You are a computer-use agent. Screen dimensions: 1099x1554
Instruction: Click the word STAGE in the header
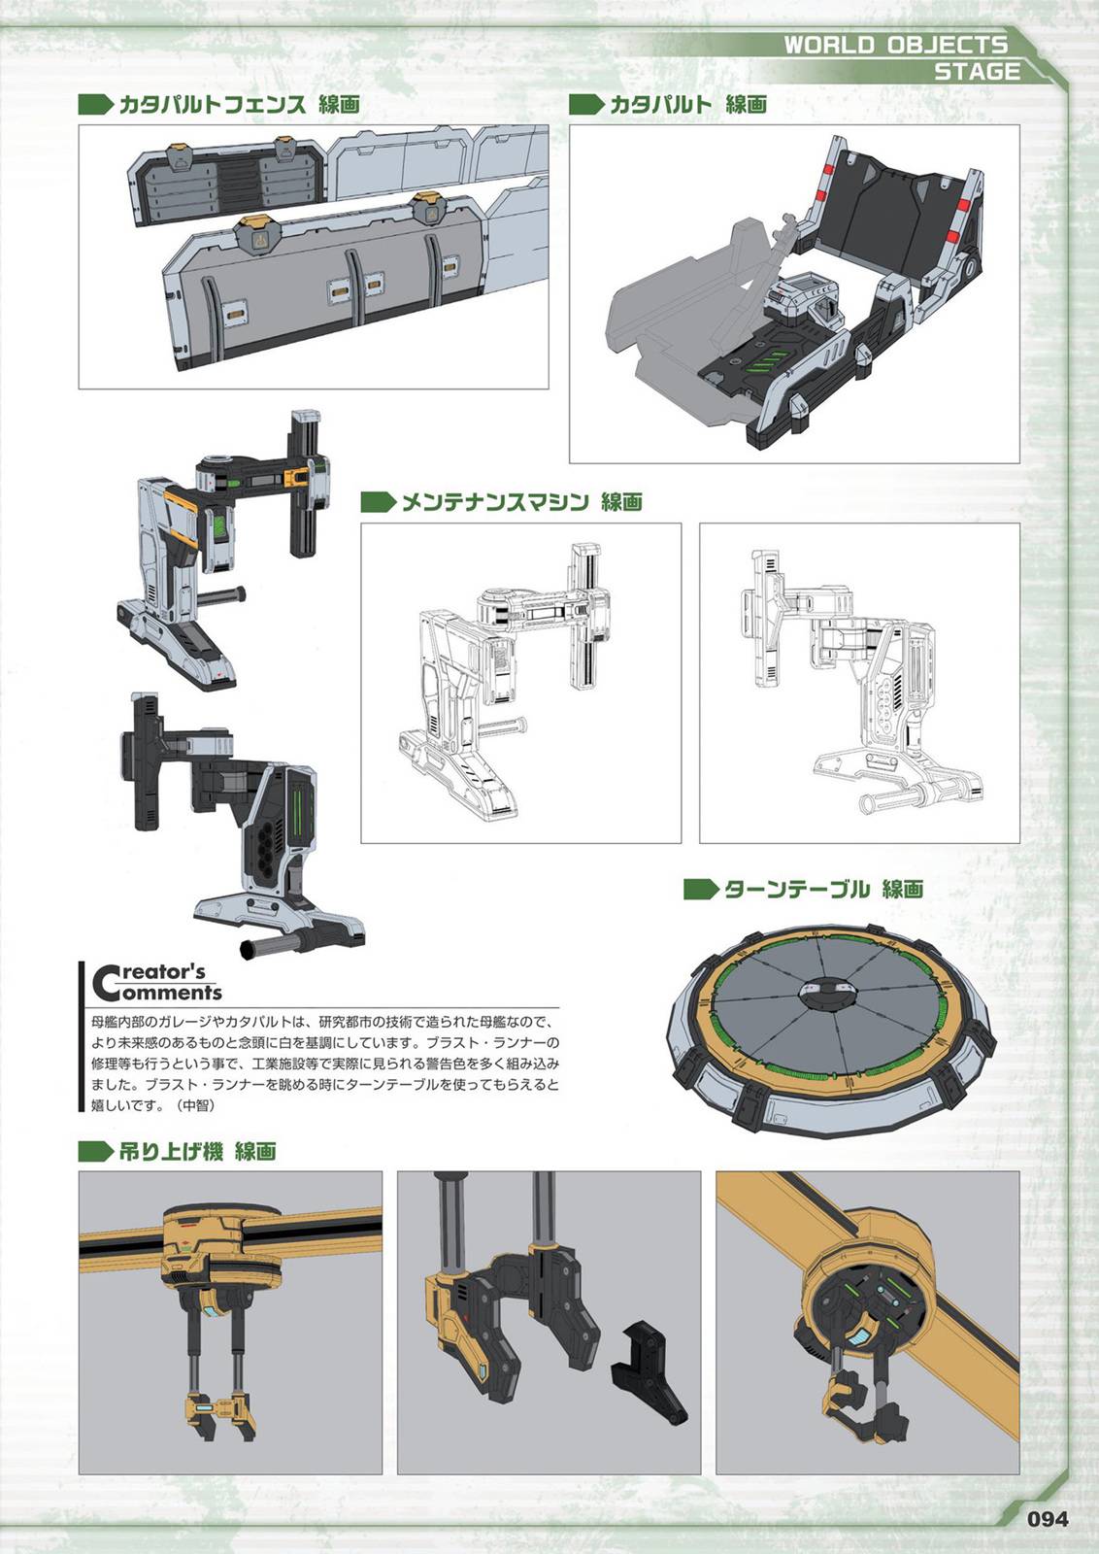(977, 72)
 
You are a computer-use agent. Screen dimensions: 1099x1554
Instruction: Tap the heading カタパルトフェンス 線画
(239, 105)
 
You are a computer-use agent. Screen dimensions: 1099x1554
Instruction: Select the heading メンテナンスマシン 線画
(521, 502)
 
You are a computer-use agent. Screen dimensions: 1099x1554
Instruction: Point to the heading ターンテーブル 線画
(823, 890)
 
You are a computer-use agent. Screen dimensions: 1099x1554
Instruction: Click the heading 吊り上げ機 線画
(198, 1152)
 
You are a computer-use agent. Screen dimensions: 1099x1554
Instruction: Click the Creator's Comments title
(156, 982)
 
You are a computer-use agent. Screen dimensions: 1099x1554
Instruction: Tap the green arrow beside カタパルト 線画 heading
(585, 105)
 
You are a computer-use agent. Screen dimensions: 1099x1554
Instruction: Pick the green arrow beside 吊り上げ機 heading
(96, 1152)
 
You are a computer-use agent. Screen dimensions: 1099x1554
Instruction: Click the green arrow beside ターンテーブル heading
(701, 890)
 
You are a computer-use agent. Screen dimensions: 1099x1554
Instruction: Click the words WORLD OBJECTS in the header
(895, 45)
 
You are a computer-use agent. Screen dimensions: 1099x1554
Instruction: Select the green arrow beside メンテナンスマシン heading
(378, 502)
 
